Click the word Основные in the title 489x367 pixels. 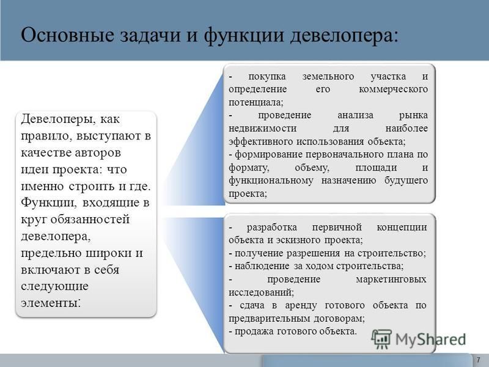click(x=67, y=34)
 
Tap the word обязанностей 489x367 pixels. click(x=90, y=220)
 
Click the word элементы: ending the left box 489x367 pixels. click(x=51, y=303)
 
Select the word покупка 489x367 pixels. click(x=267, y=76)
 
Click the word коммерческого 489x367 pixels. click(x=393, y=89)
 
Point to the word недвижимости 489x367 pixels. click(x=262, y=128)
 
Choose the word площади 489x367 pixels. click(x=376, y=168)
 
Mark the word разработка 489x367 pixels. click(x=271, y=228)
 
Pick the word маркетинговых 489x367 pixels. click(x=391, y=280)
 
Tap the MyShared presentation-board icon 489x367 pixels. click(x=381, y=339)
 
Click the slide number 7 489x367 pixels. click(x=479, y=360)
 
